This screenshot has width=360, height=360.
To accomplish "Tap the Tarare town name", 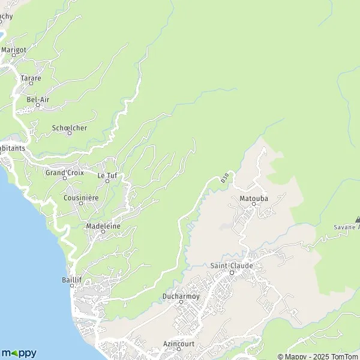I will tap(30, 79).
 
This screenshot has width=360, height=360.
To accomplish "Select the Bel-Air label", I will tap(37, 100).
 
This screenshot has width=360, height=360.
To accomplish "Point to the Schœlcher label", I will tap(70, 128).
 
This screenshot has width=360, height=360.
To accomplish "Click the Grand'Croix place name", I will tap(64, 172).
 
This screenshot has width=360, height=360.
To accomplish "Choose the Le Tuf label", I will tap(107, 175).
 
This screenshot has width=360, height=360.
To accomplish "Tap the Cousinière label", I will tap(81, 197).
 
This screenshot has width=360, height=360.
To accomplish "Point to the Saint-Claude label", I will tap(232, 265).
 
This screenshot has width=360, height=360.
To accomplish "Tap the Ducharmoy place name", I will tap(181, 296).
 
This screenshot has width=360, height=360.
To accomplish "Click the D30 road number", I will tap(224, 178).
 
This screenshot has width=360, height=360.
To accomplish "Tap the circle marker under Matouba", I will tap(253, 204).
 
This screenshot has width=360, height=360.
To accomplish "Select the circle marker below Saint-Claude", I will tap(232, 272).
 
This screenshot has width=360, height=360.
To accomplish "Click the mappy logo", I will tap(19, 353).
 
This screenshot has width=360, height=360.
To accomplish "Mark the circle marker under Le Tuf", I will tap(107, 181).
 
